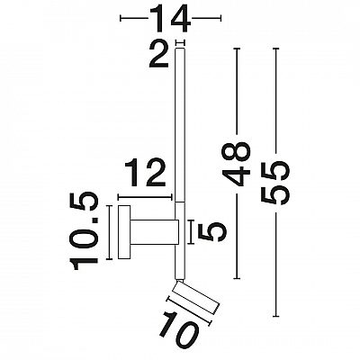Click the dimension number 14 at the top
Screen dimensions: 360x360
(170, 19)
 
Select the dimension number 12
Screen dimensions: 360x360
(145, 173)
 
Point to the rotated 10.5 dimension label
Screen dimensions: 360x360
(84, 231)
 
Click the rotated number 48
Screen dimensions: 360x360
(236, 164)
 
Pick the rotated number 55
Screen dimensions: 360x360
(275, 183)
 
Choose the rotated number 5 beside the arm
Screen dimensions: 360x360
(214, 232)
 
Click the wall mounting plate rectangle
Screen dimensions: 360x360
(124, 232)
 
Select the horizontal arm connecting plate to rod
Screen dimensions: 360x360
(155, 232)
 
